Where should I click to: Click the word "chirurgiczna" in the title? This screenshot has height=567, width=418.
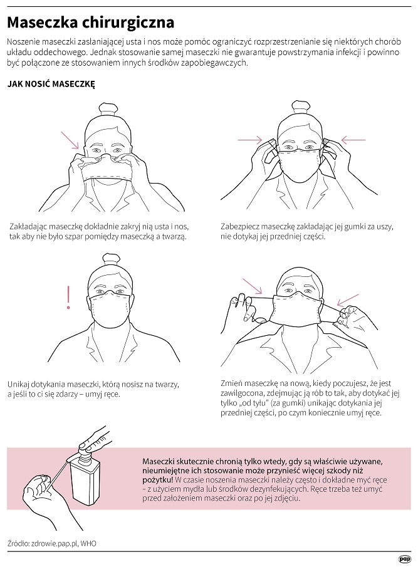[128, 23]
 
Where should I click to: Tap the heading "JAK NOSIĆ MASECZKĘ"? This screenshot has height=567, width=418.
[51, 84]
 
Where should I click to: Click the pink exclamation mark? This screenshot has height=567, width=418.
[68, 298]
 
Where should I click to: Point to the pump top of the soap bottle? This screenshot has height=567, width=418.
[86, 450]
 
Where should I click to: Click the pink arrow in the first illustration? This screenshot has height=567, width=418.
[70, 140]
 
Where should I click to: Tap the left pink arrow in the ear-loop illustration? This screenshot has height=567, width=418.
[249, 140]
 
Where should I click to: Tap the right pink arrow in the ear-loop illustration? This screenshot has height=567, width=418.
[353, 140]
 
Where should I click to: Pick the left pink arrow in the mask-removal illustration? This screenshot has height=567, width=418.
[252, 286]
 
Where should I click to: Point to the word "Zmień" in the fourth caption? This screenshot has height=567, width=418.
[231, 383]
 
